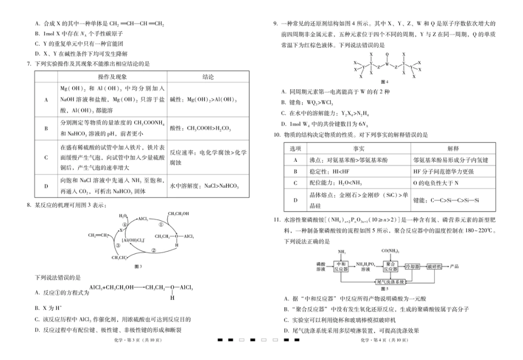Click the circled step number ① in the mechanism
point(161,225)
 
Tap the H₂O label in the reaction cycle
point(123,216)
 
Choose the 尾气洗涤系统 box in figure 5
point(390,281)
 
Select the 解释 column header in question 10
point(453,149)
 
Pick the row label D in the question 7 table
point(46,186)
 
